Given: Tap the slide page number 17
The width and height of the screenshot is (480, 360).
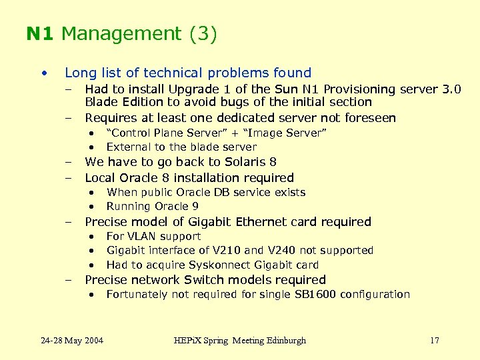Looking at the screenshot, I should pyautogui.click(x=434, y=341).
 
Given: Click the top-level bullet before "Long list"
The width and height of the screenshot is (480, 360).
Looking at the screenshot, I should pyautogui.click(x=43, y=73).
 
